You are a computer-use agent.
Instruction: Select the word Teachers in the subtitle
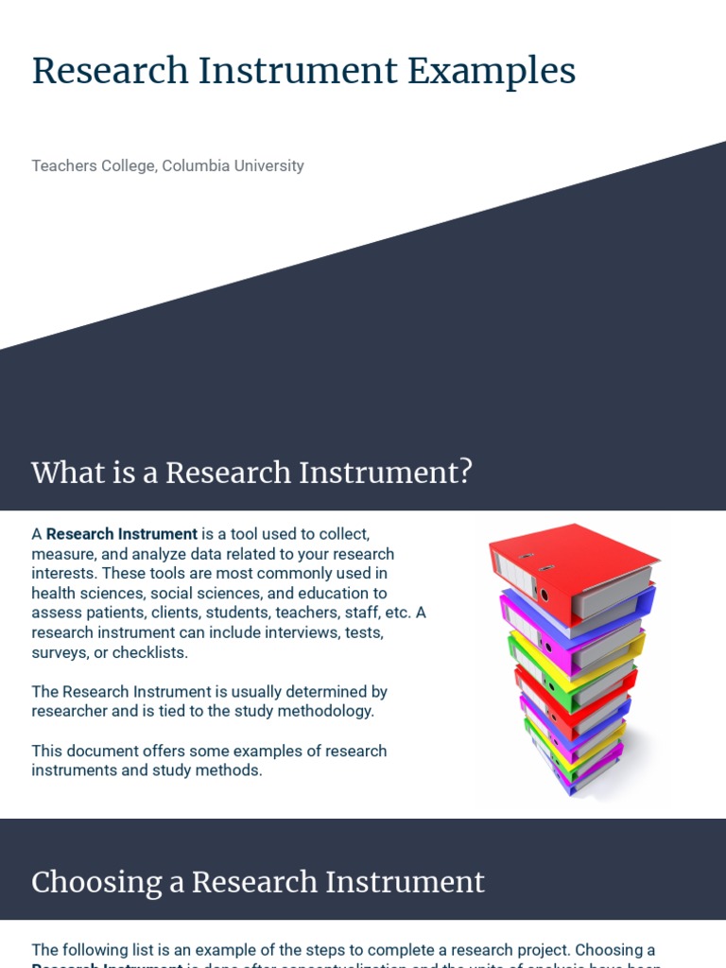[62, 166]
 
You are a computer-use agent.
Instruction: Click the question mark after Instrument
[463, 472]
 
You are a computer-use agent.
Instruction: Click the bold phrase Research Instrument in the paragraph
[122, 534]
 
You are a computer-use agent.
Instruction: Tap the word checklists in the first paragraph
[151, 652]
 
